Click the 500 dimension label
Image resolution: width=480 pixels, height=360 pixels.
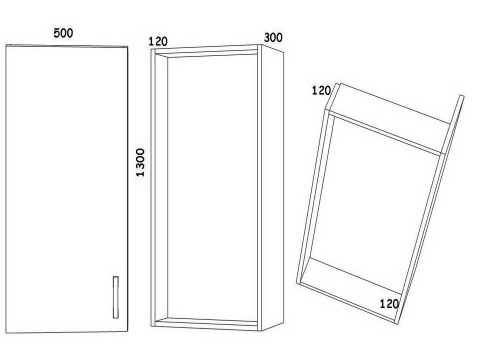point(63,33)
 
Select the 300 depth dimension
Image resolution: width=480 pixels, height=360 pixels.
point(273,37)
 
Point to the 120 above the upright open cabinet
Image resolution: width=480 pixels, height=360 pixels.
point(158,41)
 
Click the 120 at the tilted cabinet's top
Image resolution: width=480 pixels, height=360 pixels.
point(321,90)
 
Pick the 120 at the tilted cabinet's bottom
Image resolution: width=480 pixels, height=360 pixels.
point(389,303)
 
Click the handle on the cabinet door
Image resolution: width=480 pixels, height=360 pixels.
point(115,297)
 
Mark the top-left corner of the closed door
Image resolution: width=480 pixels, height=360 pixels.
point(7,46)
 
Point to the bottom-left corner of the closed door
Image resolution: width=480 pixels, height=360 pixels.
point(7,333)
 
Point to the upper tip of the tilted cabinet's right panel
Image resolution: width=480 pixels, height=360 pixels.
point(462,96)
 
